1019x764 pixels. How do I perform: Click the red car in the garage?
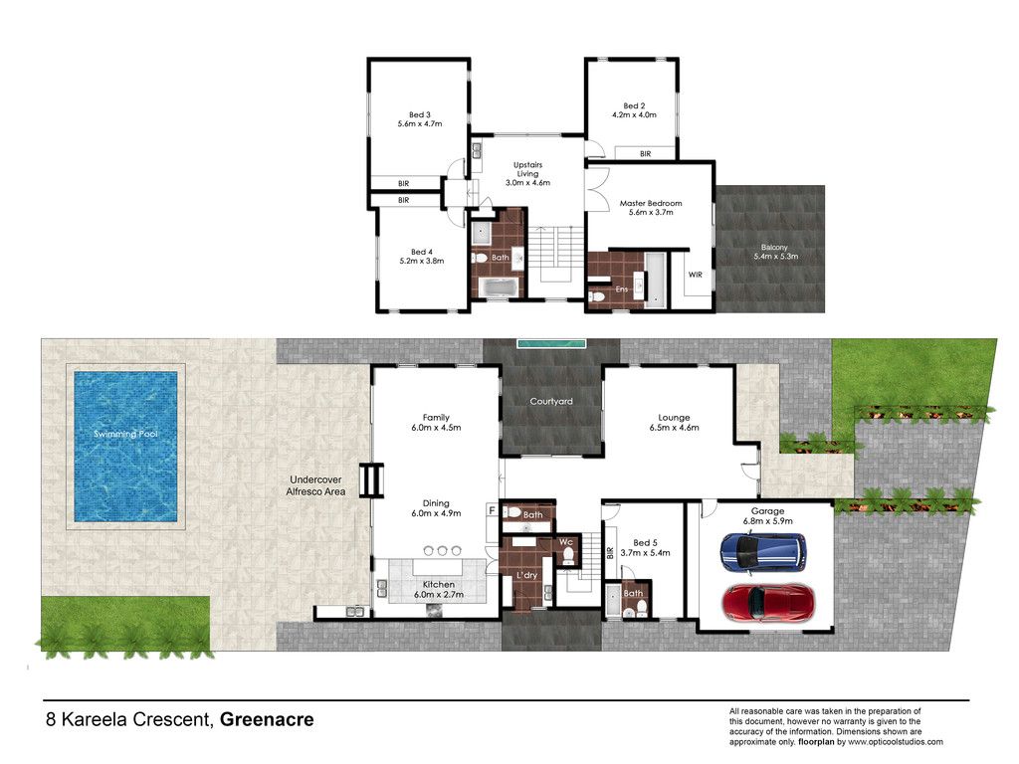pyautogui.click(x=767, y=604)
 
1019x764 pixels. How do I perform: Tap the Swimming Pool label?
pyautogui.click(x=125, y=434)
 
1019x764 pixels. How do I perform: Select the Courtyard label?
pyautogui.click(x=551, y=402)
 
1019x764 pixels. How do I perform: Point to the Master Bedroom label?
pyautogui.click(x=651, y=203)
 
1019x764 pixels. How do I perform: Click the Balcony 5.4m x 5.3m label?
pyautogui.click(x=775, y=252)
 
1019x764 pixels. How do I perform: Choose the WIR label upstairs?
pyautogui.click(x=696, y=275)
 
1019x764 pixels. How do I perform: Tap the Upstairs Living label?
pyautogui.click(x=527, y=169)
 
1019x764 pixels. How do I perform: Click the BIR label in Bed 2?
pyautogui.click(x=645, y=154)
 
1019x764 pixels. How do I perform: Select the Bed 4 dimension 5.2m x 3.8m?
pyautogui.click(x=422, y=262)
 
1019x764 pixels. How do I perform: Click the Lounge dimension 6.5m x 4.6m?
pyautogui.click(x=674, y=428)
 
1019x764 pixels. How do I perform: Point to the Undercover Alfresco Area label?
pyautogui.click(x=315, y=485)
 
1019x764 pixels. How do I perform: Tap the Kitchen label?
pyautogui.click(x=439, y=585)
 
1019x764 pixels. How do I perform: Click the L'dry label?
pyautogui.click(x=527, y=575)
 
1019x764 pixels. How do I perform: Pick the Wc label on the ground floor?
pyautogui.click(x=566, y=542)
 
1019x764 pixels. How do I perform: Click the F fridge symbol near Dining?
pyautogui.click(x=492, y=510)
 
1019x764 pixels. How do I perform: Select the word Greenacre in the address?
pyautogui.click(x=267, y=720)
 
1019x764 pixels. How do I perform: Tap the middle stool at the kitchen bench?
pyautogui.click(x=442, y=551)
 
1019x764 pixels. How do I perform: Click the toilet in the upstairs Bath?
pyautogui.click(x=481, y=259)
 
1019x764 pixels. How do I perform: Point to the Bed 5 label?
pyautogui.click(x=645, y=543)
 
